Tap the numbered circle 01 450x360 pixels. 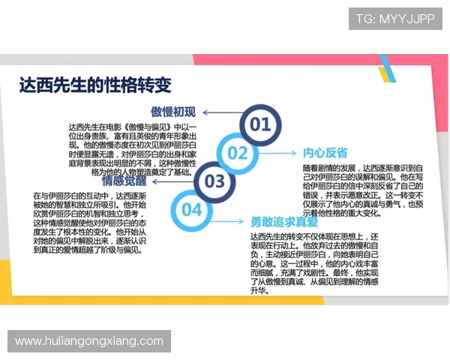259,124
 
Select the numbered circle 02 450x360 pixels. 238,153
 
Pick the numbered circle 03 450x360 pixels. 214,181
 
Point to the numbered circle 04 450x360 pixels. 192,209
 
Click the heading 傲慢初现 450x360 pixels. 172,112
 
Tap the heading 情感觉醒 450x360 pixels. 124,181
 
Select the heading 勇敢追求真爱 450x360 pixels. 284,222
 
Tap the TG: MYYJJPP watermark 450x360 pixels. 395,18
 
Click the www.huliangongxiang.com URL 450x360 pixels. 89,341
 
